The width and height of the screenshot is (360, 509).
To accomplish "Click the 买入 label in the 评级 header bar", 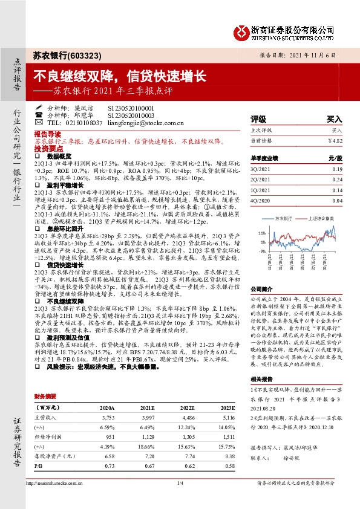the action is pos(334,119).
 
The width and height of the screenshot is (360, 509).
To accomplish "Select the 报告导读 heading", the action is pos(47,132).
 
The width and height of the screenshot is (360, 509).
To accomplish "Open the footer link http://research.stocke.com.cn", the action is pos(62,483).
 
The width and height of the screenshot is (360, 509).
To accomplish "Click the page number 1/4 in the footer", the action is pos(180,483).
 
